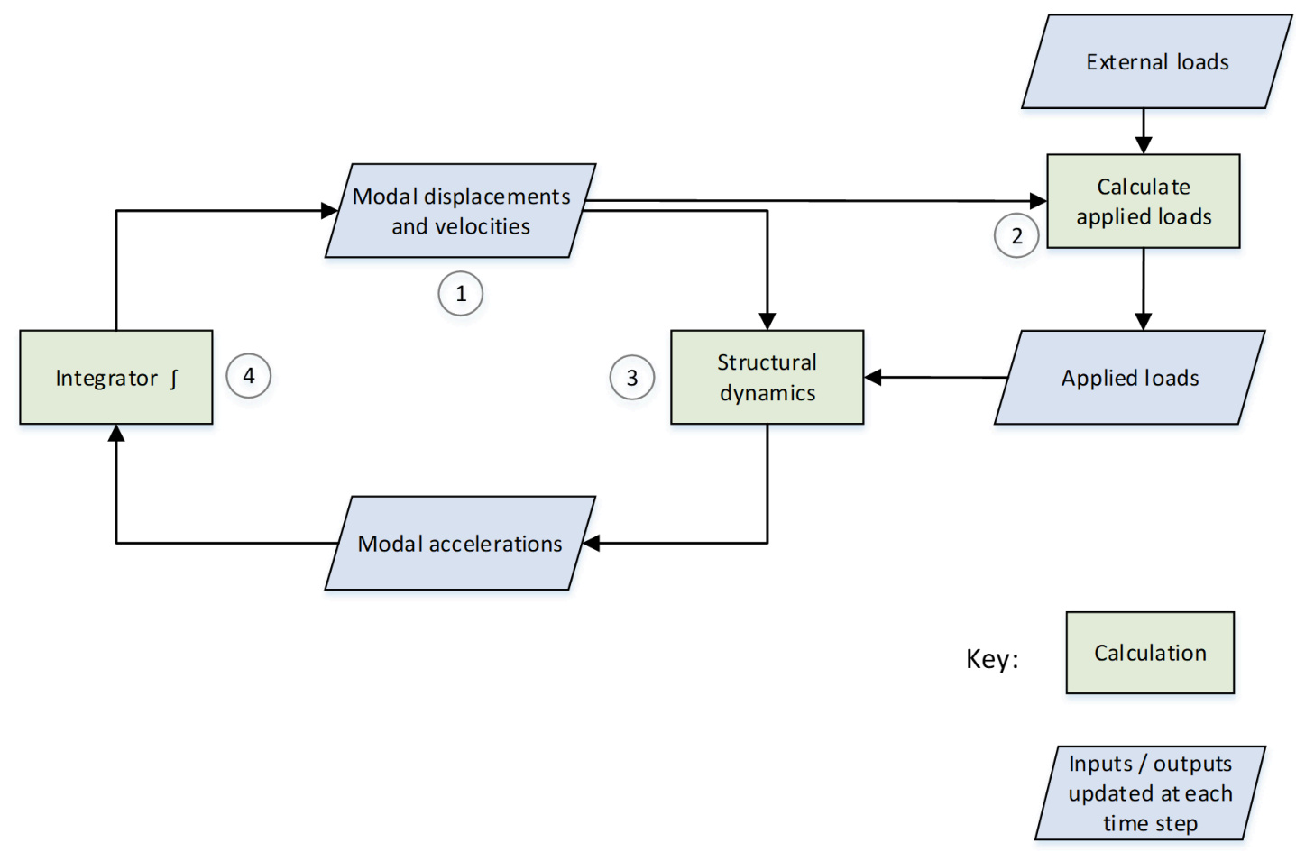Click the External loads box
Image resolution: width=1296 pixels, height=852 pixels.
tap(1157, 62)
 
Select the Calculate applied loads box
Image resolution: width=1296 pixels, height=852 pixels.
tap(1143, 201)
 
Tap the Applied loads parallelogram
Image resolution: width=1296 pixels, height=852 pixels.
tap(1130, 378)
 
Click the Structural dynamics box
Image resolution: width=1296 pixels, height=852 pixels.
tap(767, 377)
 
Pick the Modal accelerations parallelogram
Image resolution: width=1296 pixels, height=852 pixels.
tap(460, 544)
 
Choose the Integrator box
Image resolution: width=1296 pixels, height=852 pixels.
tap(116, 377)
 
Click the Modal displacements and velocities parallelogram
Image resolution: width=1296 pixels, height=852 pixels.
tap(460, 211)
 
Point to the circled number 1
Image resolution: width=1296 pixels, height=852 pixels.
tap(461, 294)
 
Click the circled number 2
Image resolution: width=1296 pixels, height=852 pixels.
tap(1016, 236)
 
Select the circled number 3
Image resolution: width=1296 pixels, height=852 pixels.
tap(632, 378)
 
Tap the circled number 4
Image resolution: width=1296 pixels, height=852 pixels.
tap(249, 376)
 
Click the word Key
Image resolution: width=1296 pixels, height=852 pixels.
tap(991, 659)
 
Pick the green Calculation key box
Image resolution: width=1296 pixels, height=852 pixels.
tap(1150, 653)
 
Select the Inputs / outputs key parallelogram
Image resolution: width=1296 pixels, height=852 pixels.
tap(1150, 793)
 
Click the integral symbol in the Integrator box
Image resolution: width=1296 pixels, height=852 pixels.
tap(174, 378)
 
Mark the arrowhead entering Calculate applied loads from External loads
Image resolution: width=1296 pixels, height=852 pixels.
tap(1144, 145)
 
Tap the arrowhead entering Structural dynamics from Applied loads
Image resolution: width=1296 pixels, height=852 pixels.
tap(873, 377)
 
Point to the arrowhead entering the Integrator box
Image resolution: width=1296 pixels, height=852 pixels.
tap(116, 434)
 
